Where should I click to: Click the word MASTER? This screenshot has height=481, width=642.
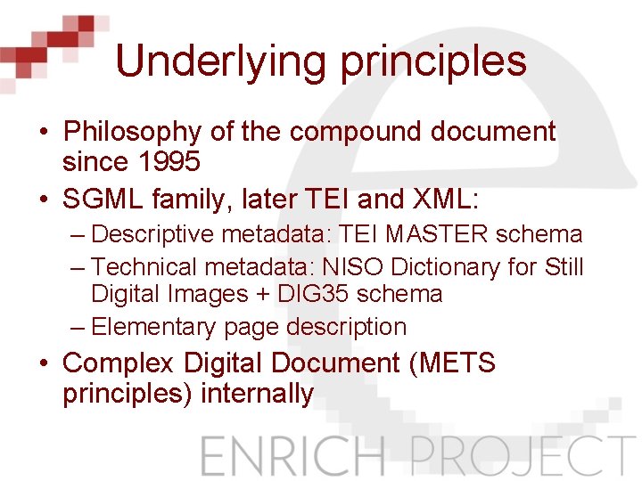click(x=436, y=235)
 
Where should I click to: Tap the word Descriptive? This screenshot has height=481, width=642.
click(x=152, y=235)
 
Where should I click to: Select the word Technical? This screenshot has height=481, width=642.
click(x=144, y=266)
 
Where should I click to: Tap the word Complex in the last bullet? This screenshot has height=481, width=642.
click(x=120, y=363)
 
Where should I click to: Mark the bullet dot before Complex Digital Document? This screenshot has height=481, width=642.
click(x=43, y=363)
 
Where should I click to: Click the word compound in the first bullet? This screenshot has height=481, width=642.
click(x=358, y=133)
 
